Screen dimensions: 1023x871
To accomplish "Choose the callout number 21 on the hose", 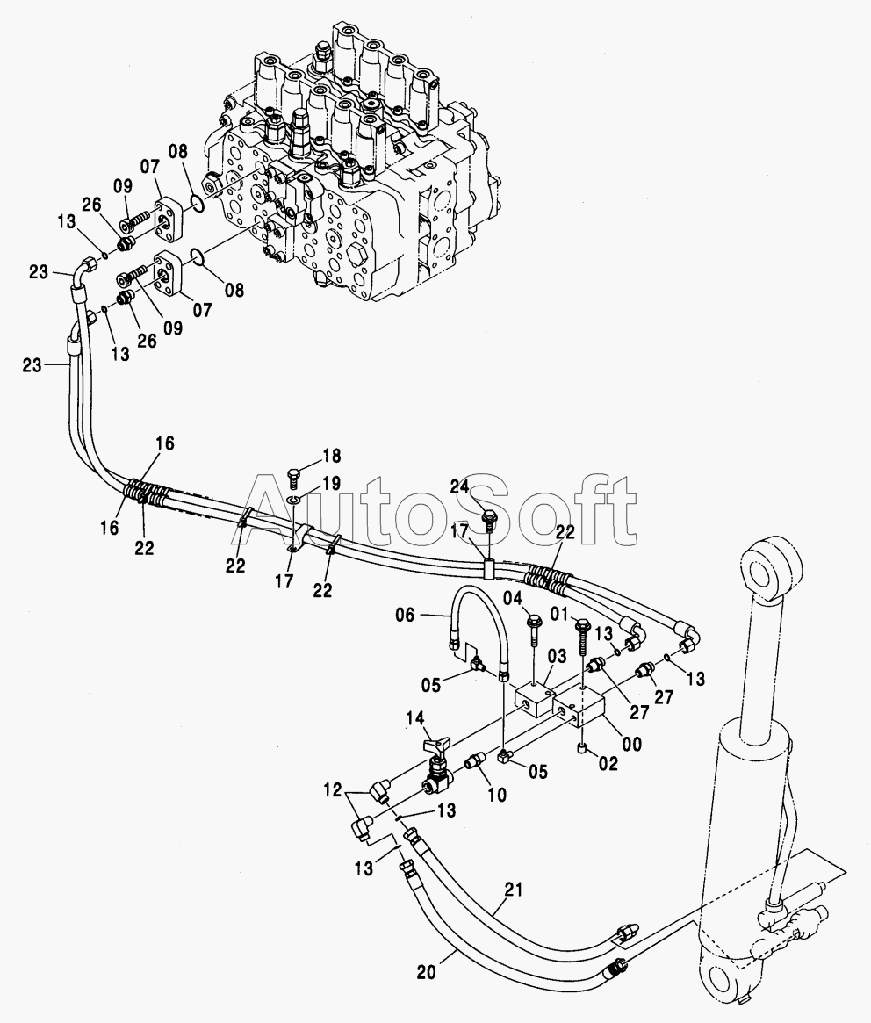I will coord(514,890).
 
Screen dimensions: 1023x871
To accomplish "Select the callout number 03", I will coord(558,656).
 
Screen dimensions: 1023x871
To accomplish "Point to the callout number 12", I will coord(332,790).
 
